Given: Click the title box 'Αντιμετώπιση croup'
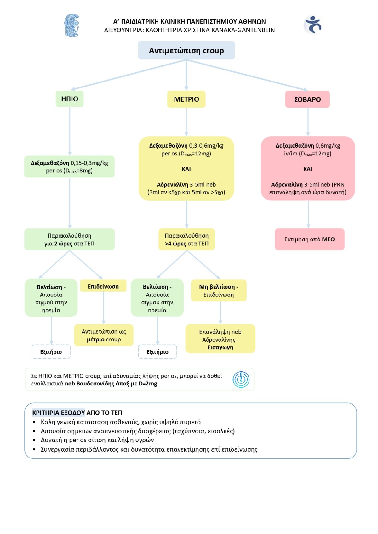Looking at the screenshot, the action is tap(186, 50).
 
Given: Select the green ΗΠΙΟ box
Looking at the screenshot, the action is tap(69, 99).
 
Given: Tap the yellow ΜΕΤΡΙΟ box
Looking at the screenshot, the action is tap(186, 99).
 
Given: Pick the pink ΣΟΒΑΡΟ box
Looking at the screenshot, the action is tap(307, 99).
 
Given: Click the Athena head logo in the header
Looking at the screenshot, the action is tap(72, 25).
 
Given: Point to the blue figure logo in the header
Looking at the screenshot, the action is tap(312, 25).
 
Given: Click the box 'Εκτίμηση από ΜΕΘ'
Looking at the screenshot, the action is tap(310, 239).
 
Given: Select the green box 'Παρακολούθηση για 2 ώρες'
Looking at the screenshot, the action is tap(69, 239).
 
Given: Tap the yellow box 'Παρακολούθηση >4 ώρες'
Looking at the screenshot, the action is tap(186, 239).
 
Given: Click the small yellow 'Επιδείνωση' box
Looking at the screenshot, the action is tap(103, 286).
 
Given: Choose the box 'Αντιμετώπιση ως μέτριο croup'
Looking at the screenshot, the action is tap(104, 335).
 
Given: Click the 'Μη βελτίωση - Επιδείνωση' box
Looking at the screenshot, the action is tap(219, 290).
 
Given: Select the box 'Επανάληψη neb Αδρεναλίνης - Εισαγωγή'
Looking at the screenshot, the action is tap(220, 339).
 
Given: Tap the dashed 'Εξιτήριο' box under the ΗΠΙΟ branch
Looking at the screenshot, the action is tap(51, 351).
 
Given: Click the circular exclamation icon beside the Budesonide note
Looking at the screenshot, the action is tap(241, 379).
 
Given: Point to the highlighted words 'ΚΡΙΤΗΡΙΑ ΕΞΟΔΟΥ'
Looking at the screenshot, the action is tap(59, 413).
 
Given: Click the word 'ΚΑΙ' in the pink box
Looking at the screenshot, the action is tap(308, 169).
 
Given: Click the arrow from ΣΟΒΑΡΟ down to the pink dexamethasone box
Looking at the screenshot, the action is tap(308, 122).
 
